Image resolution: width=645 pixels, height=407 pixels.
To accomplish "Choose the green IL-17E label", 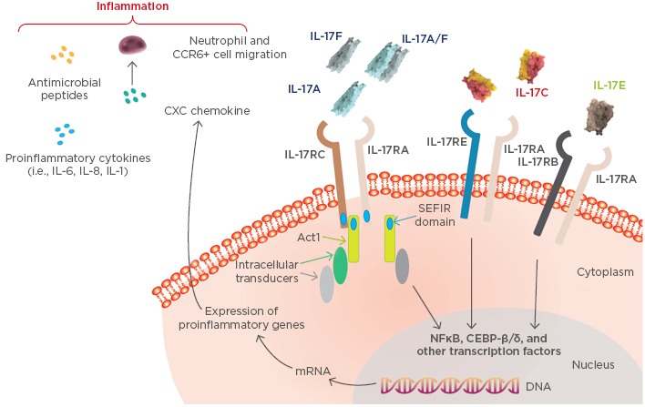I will click(x=609, y=86).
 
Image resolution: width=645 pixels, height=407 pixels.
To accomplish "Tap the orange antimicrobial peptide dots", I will click(x=63, y=56).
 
